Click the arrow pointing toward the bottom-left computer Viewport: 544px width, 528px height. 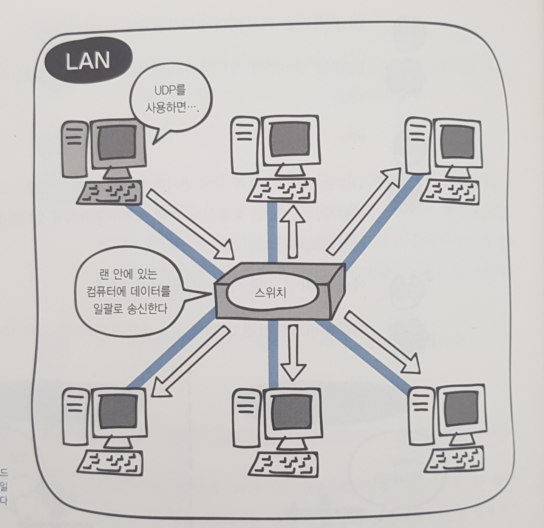(191, 362)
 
